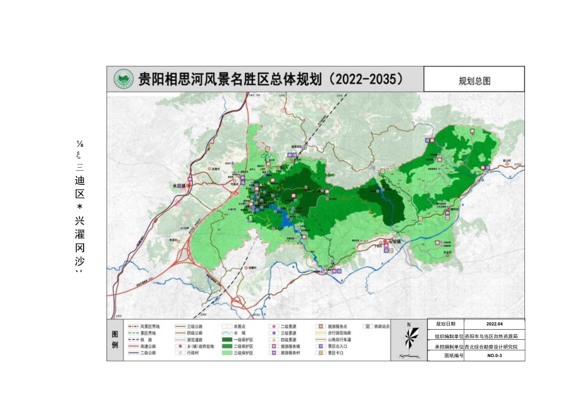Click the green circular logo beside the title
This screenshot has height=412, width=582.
[123, 79]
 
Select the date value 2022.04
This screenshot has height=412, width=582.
[493, 323]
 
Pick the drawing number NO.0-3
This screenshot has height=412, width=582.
[493, 356]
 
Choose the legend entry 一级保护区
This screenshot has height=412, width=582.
[244, 339]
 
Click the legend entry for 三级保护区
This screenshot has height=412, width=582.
[244, 354]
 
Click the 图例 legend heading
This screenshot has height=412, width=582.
[115, 339]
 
